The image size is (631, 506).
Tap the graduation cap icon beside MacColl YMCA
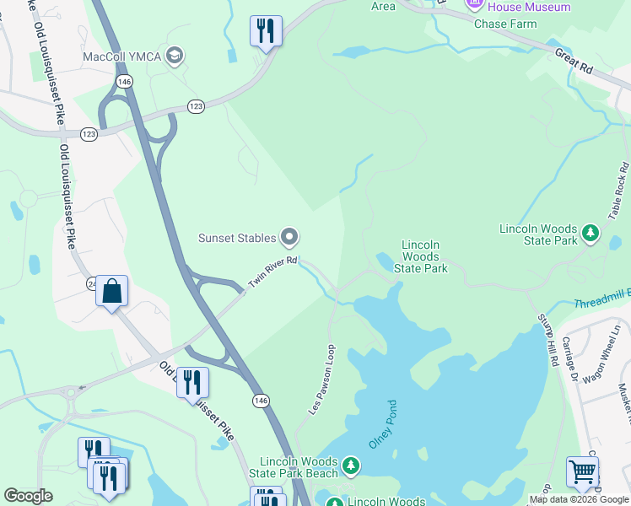click(x=175, y=57)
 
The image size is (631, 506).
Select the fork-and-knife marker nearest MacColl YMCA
click(x=267, y=32)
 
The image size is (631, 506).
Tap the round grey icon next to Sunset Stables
click(x=290, y=237)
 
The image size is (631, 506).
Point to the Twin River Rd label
click(x=272, y=272)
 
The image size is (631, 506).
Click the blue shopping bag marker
click(x=111, y=292)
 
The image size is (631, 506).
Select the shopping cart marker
click(x=582, y=471)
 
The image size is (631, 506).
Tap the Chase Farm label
click(x=505, y=24)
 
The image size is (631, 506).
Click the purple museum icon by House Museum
click(x=475, y=6)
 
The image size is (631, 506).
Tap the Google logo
click(x=28, y=496)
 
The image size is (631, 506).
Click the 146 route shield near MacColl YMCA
click(x=125, y=81)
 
